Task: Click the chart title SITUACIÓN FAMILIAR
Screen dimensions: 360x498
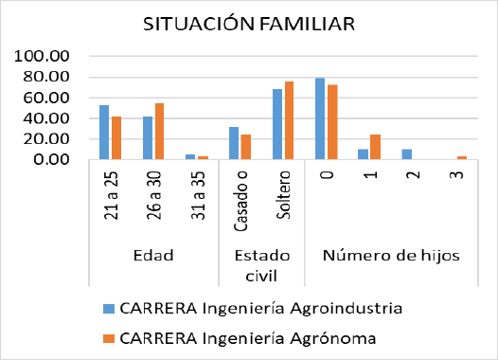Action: click(250, 24)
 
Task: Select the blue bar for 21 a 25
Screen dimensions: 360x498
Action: click(104, 133)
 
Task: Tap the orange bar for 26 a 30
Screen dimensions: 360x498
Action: click(160, 132)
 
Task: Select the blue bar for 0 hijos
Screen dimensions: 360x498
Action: click(321, 118)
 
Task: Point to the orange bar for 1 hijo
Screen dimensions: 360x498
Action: click(376, 147)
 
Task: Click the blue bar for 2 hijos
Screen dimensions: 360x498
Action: click(407, 154)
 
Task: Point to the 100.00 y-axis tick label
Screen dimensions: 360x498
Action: click(43, 57)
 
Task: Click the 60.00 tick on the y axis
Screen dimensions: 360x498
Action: click(46, 98)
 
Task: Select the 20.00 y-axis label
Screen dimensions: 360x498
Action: click(46, 139)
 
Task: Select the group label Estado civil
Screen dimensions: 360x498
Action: click(260, 265)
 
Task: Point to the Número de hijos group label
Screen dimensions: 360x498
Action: click(391, 255)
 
